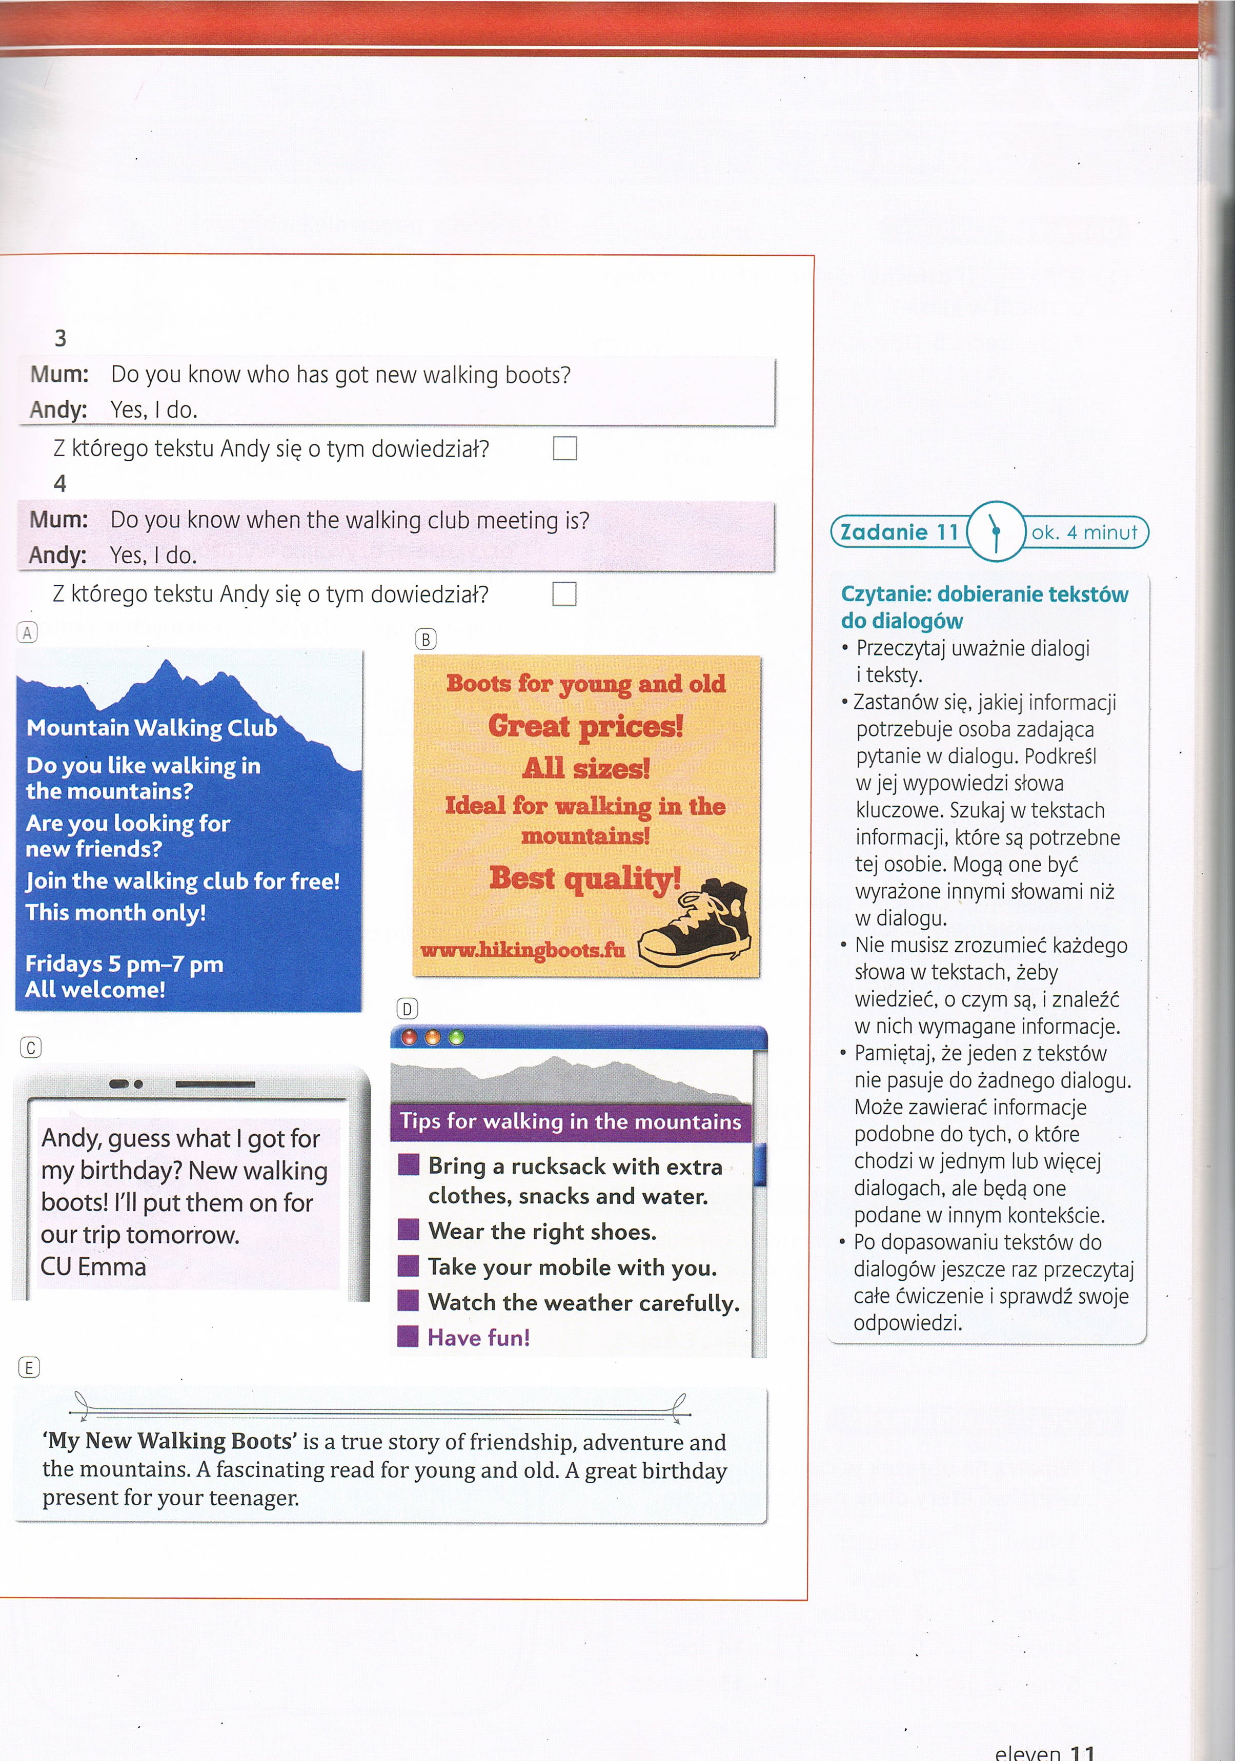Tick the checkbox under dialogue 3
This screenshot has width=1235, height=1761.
[x=564, y=448]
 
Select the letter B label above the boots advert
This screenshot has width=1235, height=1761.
[x=425, y=639]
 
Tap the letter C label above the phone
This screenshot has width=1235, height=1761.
[x=31, y=1048]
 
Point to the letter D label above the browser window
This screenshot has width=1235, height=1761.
[x=407, y=1009]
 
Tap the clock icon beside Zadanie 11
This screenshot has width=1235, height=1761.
[x=996, y=531]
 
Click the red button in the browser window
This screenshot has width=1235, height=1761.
[x=410, y=1038]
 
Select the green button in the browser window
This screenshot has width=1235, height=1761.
[x=456, y=1038]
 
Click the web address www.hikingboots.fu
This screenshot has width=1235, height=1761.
[x=522, y=950]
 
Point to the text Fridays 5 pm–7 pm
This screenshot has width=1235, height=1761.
[x=124, y=964]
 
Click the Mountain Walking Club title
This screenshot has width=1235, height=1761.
[x=151, y=727]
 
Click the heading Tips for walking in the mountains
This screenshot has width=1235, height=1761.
[x=570, y=1121]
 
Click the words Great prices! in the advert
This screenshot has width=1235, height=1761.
[x=585, y=726]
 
